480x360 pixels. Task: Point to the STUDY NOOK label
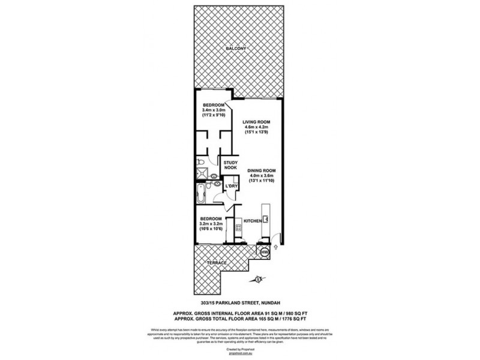pyautogui.click(x=231, y=166)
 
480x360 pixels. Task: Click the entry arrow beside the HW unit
pyautogui.click(x=275, y=247)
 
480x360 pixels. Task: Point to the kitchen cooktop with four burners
pyautogui.click(x=238, y=227)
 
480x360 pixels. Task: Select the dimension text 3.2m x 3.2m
pyautogui.click(x=211, y=224)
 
